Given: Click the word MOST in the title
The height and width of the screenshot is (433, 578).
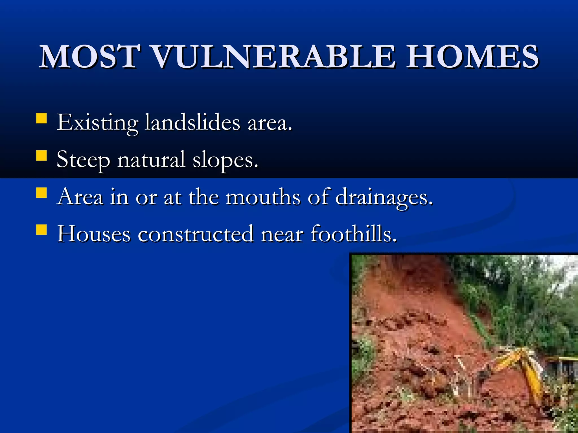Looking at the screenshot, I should (x=90, y=57).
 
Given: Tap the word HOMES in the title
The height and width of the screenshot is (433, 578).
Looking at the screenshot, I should (x=472, y=57).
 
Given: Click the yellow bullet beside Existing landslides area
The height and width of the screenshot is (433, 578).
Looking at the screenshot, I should (x=41, y=118).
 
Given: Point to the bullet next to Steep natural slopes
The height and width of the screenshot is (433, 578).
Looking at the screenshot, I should (x=41, y=155).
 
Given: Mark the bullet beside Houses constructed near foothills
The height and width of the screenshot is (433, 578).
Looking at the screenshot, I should (x=41, y=229).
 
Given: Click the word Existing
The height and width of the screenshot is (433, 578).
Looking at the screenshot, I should (x=97, y=123).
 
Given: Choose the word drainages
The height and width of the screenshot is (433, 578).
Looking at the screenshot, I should (x=384, y=197).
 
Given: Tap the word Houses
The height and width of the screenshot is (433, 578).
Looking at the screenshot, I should (x=94, y=234).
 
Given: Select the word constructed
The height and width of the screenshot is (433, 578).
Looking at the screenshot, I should (x=196, y=234).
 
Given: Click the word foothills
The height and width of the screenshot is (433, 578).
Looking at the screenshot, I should (x=353, y=234).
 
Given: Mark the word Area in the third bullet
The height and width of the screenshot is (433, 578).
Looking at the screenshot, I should (x=80, y=197).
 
